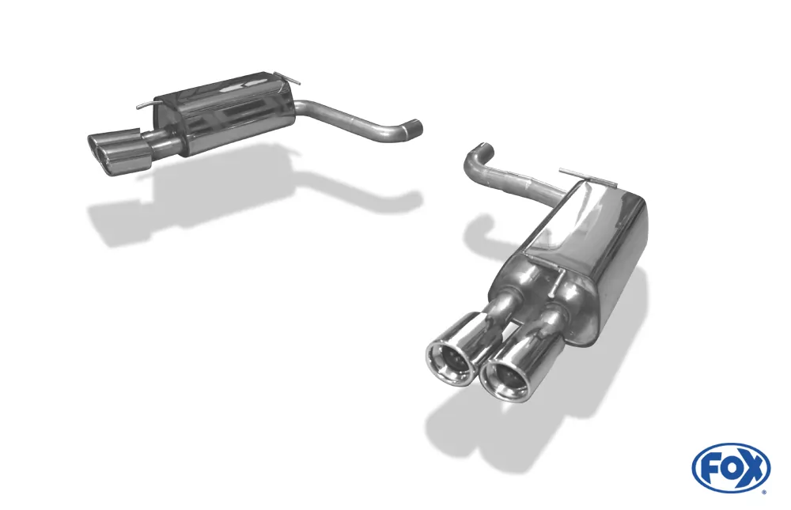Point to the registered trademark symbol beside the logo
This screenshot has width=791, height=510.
(764, 491)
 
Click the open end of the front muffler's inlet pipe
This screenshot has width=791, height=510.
(478, 149)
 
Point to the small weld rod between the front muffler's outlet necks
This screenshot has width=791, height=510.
(558, 281)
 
